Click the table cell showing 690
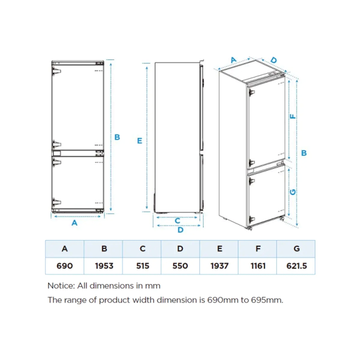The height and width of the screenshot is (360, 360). click(x=64, y=266)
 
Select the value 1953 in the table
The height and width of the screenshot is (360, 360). click(x=104, y=266)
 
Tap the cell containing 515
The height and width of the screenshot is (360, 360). click(x=142, y=266)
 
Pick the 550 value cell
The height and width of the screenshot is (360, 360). click(x=180, y=266)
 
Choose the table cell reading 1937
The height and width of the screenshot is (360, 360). click(x=220, y=266)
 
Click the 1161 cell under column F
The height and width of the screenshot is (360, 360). click(x=258, y=266)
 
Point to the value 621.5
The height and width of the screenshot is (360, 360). click(x=296, y=266)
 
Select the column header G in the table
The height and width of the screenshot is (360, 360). click(x=296, y=249)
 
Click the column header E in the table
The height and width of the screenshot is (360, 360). click(x=220, y=249)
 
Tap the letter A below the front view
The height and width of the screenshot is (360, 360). click(x=74, y=223)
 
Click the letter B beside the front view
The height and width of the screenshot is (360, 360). click(x=117, y=137)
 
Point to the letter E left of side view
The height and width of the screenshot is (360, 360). click(x=139, y=141)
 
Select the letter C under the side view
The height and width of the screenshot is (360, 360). click(x=177, y=221)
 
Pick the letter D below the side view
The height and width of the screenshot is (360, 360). click(x=180, y=230)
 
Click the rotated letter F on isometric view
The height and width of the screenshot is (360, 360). click(x=293, y=116)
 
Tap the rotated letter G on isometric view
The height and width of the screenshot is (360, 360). click(x=293, y=192)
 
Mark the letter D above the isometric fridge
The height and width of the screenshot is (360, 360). click(x=274, y=60)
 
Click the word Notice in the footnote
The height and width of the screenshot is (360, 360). click(x=61, y=286)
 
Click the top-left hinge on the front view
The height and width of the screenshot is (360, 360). click(x=56, y=71)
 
